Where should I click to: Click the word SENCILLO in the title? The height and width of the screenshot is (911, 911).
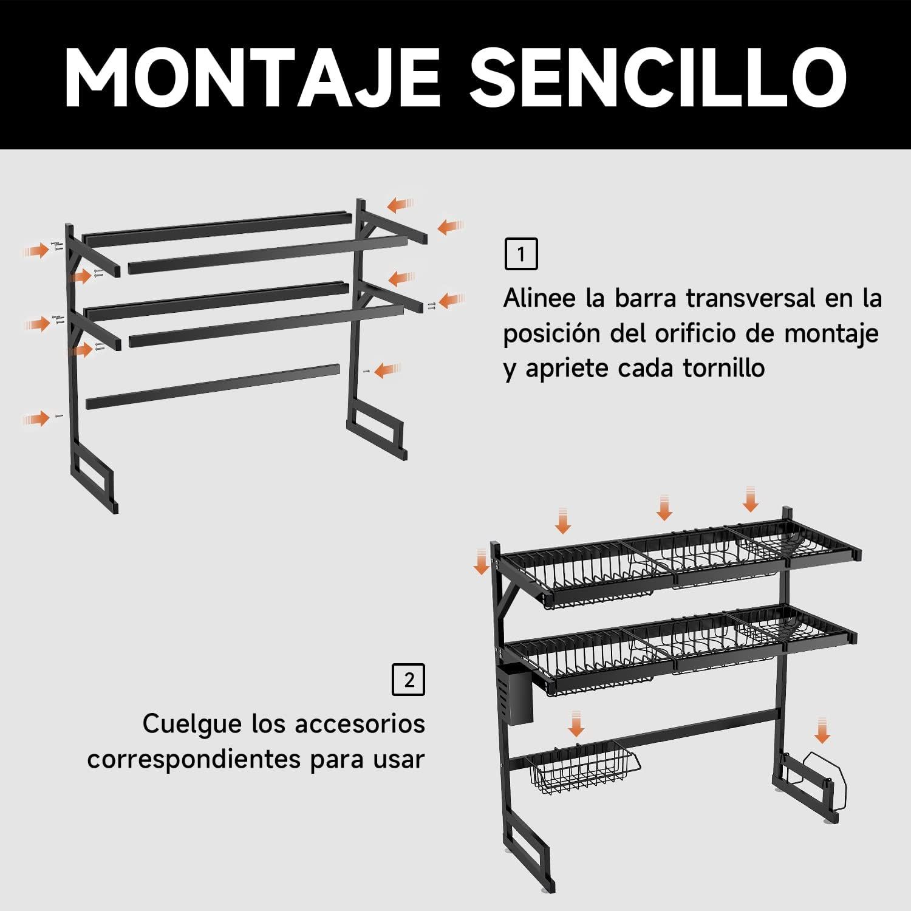[658, 75]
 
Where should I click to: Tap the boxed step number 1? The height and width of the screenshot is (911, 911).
[521, 254]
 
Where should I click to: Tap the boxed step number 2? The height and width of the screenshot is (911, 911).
[409, 680]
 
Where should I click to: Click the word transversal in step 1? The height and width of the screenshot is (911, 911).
[750, 299]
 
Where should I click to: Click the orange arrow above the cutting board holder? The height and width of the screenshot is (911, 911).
[823, 729]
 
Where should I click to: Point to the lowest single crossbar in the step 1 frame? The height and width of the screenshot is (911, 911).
[213, 386]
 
